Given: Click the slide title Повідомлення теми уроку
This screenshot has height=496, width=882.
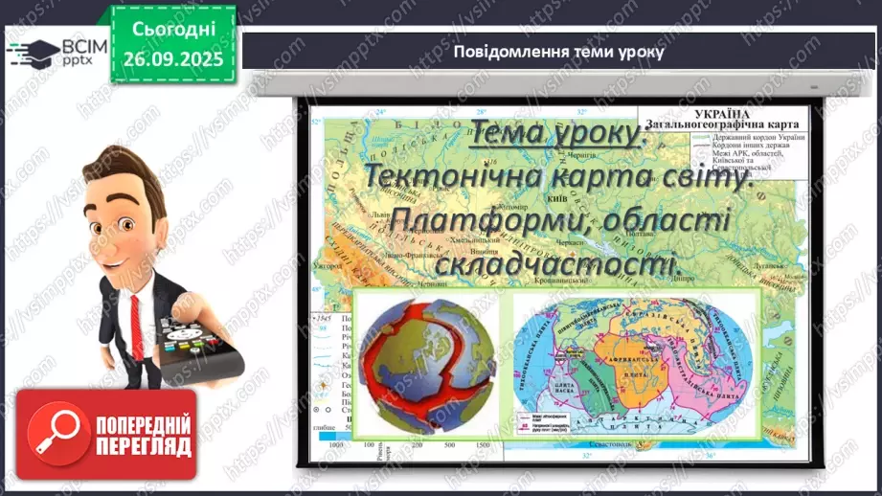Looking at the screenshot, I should pos(558,52).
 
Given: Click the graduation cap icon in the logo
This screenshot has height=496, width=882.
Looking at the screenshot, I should pos(27,52).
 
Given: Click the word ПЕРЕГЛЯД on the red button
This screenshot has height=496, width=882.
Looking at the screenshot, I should pos(143,448).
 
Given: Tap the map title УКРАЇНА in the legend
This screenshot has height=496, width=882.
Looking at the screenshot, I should pos(749,112).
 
